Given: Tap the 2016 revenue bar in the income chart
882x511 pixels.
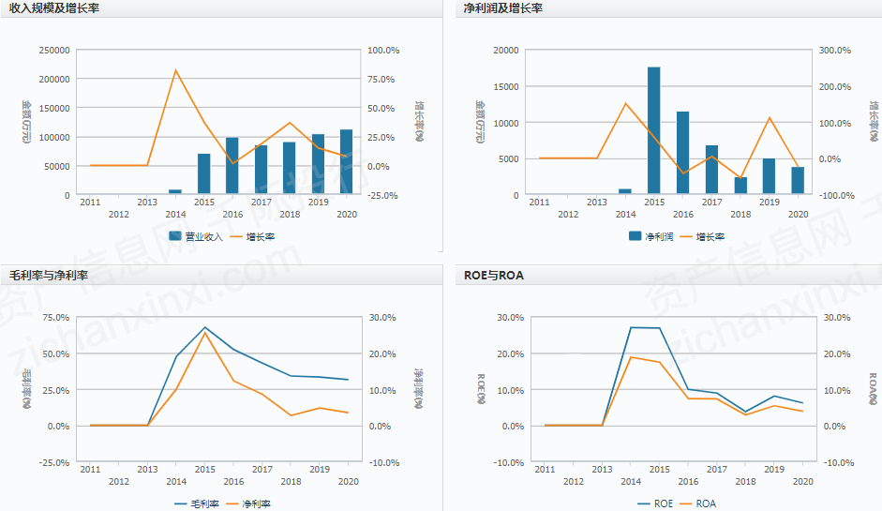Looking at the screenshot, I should click(232, 166).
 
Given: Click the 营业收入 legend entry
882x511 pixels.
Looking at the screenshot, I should click(196, 236).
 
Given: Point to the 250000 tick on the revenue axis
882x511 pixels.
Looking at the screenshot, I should click(54, 51).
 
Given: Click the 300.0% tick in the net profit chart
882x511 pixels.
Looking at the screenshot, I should click(834, 51).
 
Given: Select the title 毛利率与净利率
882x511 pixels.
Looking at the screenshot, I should click(48, 276).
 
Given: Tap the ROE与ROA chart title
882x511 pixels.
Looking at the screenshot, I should click(494, 276).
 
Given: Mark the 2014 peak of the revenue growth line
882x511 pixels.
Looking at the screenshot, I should click(175, 70).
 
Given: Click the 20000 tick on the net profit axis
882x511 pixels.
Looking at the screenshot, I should click(505, 51).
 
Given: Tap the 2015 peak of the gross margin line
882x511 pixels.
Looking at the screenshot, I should click(204, 327).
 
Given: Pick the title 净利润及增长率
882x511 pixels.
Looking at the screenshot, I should click(503, 8).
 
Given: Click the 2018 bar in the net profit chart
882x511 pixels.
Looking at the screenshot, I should click(740, 186).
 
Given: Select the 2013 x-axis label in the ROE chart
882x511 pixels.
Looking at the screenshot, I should click(602, 470).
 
